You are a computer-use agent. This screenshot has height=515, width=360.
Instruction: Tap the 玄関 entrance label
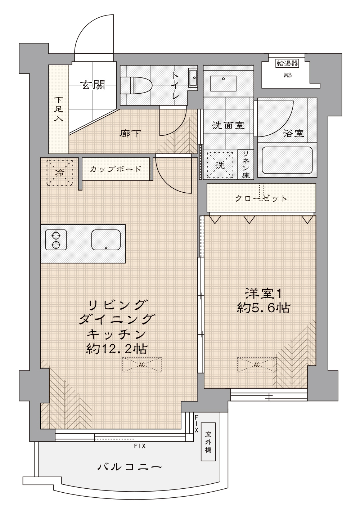93,85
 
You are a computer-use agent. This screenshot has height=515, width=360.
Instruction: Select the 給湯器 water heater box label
287,63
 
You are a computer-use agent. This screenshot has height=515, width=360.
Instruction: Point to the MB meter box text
288,75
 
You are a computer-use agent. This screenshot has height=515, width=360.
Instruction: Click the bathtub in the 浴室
287,160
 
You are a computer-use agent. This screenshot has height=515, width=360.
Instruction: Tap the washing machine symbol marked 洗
220,165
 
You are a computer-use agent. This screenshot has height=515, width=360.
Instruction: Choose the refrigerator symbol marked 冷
60,173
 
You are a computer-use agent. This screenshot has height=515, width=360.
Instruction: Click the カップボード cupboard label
116,169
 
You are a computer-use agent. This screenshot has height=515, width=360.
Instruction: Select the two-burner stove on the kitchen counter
56,240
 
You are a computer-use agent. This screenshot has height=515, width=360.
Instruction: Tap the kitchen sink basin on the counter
106,240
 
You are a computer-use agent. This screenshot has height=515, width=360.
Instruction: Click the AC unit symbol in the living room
142,364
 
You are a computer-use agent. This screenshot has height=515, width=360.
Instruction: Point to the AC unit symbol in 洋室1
257,364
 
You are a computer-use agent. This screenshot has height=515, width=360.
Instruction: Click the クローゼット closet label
261,198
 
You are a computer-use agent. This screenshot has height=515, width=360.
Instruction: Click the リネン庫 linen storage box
246,165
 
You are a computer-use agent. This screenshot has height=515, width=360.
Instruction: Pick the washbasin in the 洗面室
223,83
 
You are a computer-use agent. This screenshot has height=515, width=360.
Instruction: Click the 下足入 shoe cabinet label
59,109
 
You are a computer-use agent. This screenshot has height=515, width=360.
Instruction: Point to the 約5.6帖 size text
264,308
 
